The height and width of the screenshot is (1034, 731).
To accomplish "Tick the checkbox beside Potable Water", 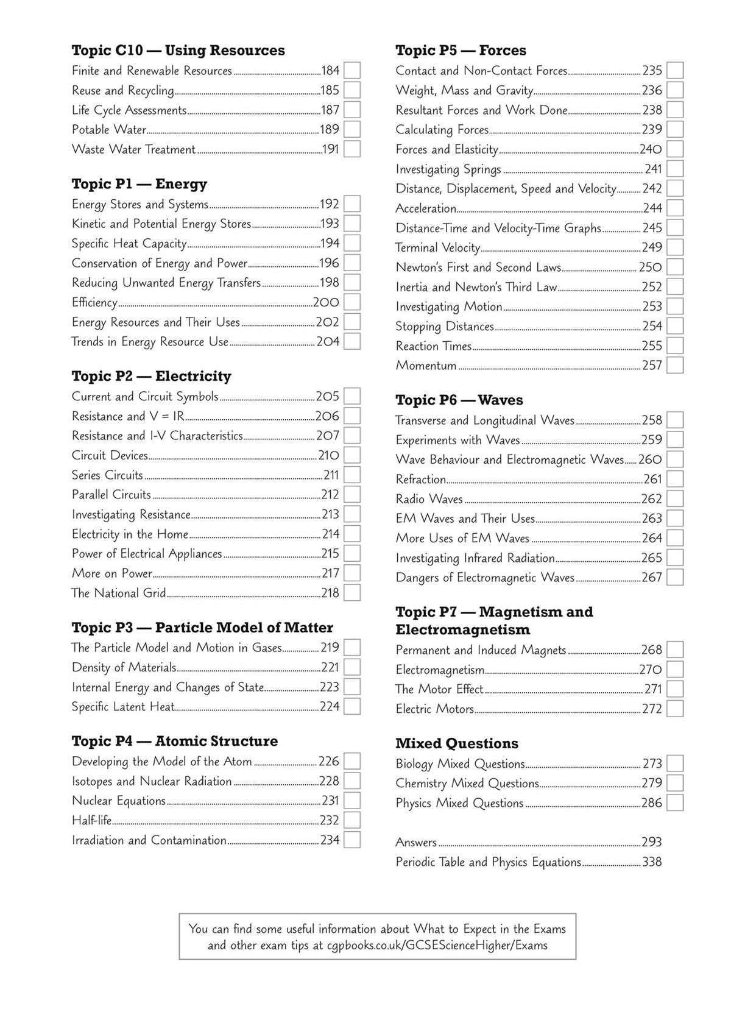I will pos(351,129).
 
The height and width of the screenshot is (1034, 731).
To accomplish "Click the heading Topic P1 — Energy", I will pos(139,184).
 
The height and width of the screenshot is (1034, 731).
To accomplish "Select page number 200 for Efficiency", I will pos(325,302).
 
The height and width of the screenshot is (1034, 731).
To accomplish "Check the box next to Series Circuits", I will pos(351,475).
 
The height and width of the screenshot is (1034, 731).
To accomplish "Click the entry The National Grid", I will pos(118,593).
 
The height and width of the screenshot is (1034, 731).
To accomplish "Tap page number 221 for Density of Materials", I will pos(330,667).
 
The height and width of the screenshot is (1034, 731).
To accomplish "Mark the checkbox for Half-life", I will pos(351,820).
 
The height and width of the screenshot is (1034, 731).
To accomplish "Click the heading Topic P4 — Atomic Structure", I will pos(174,741).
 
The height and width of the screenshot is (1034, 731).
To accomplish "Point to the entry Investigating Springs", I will pos(448,169).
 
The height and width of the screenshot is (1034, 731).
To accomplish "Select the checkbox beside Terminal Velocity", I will pos(674,247).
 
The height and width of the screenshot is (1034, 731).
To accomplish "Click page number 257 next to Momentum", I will pos(652,366).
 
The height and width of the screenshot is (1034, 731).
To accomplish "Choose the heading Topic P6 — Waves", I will pos(459,400).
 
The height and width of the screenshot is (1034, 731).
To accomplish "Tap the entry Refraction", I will pos(420,480).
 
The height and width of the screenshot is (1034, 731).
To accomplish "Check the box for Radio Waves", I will pos(674,499).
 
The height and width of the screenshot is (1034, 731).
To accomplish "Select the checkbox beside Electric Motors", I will pos(674,709).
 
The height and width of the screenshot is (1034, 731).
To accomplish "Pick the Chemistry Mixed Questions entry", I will pos(467,783).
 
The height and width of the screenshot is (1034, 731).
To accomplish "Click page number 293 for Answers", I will pos(651,842).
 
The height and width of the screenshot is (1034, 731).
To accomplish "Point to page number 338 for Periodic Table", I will pos(651,862).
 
